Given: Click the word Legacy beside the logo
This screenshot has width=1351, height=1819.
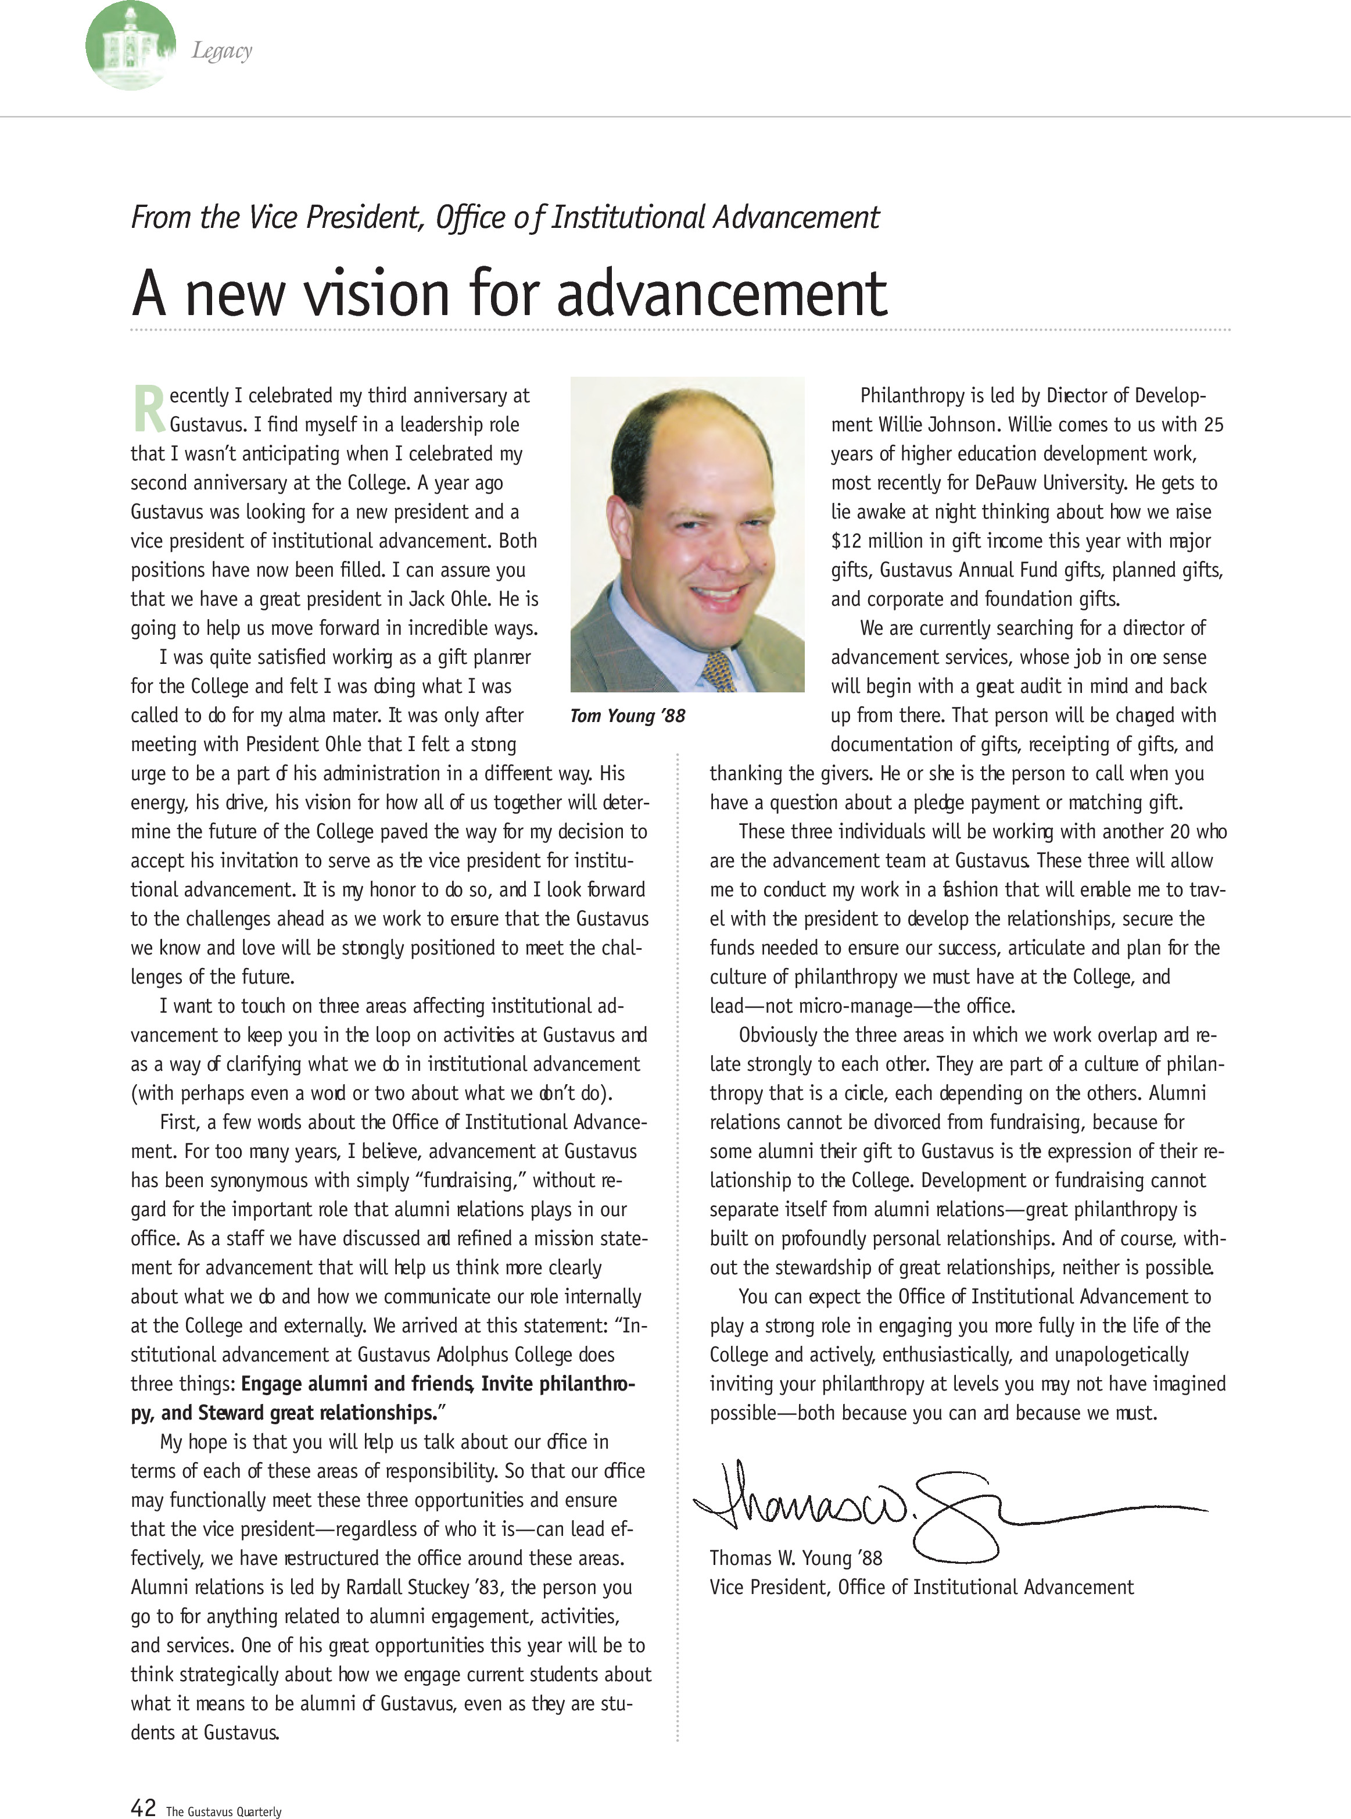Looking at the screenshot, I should coord(221,51).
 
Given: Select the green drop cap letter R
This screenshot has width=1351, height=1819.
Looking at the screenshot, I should coord(148,409).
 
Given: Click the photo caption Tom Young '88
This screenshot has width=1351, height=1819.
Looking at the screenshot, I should coord(627,716).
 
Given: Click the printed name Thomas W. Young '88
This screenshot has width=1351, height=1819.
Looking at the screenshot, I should coord(795,1558).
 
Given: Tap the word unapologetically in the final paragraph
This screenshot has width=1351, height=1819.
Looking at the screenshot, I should coord(1121,1355).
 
